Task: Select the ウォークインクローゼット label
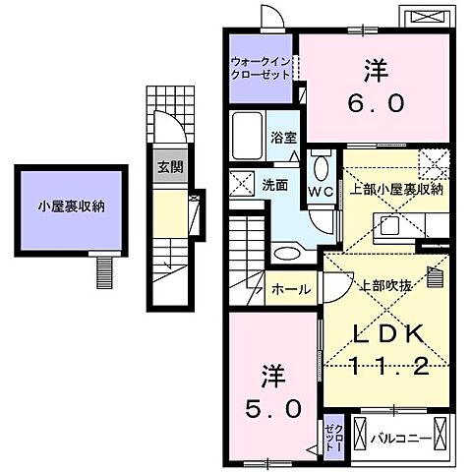tap(261, 66)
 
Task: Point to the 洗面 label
tap(275, 183)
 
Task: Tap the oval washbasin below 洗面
tap(287, 254)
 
